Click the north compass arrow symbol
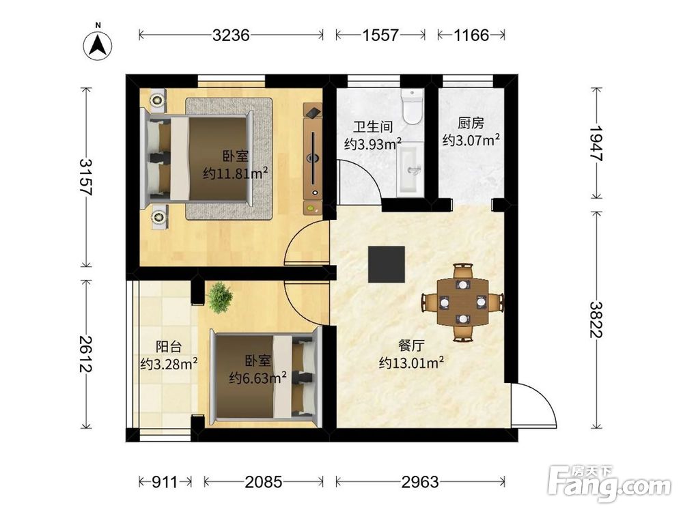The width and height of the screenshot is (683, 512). [98, 45]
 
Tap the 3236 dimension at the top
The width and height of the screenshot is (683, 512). [231, 35]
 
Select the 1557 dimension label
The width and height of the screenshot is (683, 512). [380, 35]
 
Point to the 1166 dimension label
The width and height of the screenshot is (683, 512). [471, 35]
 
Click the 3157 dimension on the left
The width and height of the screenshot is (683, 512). [86, 176]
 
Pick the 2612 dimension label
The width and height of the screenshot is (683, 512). [86, 354]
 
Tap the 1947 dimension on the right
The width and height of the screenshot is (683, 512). [596, 143]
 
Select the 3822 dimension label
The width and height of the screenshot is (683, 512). [596, 319]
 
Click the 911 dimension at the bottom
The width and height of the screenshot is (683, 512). [165, 482]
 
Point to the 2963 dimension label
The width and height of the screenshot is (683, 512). [420, 482]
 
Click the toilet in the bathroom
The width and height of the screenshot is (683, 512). [413, 106]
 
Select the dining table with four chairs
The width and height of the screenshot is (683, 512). [462, 302]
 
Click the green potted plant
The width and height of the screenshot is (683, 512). [219, 298]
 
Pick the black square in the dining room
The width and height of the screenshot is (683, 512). [387, 264]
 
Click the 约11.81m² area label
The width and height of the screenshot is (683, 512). [235, 173]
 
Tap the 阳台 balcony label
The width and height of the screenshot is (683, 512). [169, 347]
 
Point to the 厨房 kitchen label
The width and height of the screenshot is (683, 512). [471, 123]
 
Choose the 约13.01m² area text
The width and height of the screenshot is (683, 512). [412, 362]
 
